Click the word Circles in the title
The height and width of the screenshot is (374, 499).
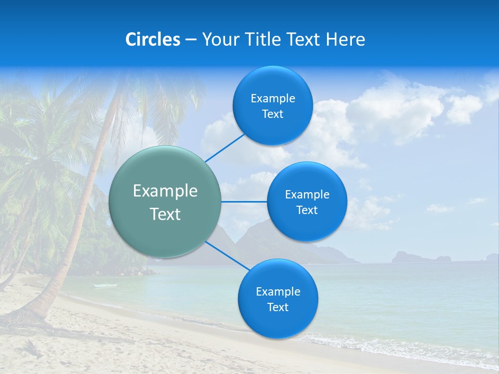click(152, 39)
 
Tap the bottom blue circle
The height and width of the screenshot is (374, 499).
click(278, 322)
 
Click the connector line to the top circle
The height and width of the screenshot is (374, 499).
click(226, 148)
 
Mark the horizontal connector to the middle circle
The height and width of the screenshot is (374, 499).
click(244, 202)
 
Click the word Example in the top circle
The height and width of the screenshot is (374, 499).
click(272, 99)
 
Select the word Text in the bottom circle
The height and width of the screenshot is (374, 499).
click(278, 308)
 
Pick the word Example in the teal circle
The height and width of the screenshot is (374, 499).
click(165, 191)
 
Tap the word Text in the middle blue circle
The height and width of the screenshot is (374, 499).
click(307, 210)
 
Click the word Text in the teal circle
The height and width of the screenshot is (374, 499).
click(165, 214)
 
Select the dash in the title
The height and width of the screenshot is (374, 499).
click(191, 40)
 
